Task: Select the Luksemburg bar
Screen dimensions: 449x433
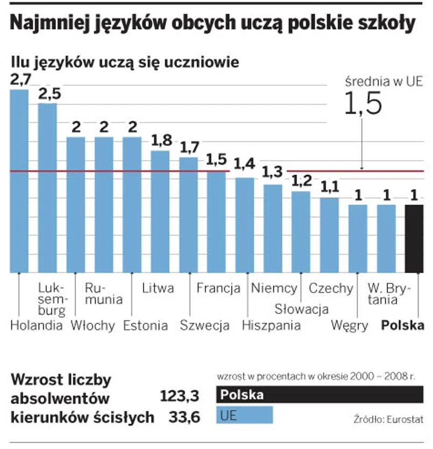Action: click(47, 188)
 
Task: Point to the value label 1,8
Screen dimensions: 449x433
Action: click(160, 141)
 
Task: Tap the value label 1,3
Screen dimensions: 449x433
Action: click(273, 172)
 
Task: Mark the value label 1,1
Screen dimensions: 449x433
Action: click(329, 186)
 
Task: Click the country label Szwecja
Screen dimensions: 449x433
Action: click(204, 325)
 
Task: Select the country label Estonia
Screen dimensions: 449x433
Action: click(145, 325)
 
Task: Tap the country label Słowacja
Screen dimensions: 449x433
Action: click(301, 309)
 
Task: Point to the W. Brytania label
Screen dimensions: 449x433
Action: click(388, 294)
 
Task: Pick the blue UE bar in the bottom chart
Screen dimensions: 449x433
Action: click(244, 415)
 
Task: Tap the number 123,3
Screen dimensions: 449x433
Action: click(180, 397)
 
